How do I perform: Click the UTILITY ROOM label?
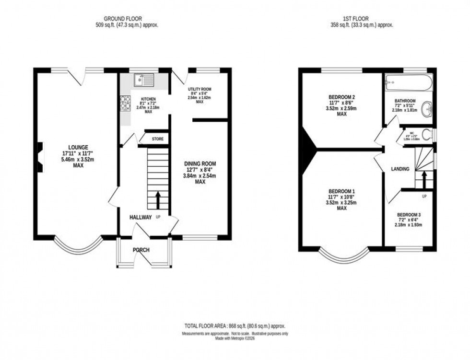point(200,89)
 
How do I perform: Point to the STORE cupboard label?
point(158,139)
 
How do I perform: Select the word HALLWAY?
point(141,217)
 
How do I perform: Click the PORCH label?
point(141,250)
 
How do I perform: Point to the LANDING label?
point(400,169)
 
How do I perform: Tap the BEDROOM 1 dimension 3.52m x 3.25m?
point(341,203)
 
